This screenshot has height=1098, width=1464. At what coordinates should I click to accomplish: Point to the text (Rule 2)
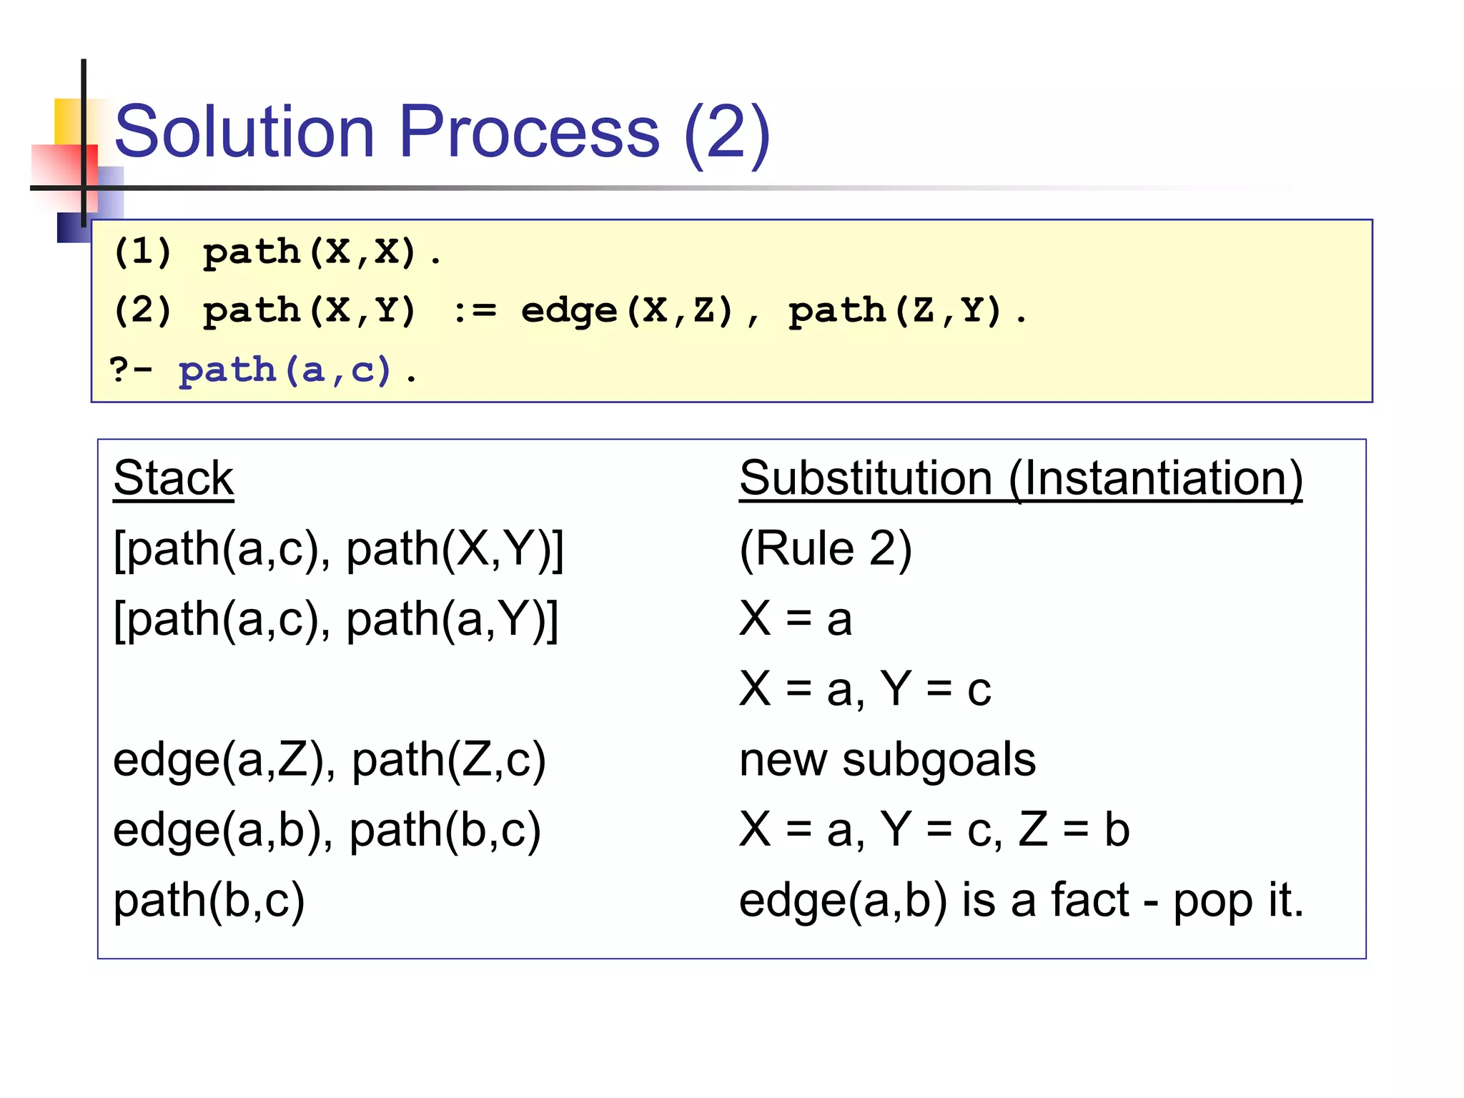click(x=826, y=549)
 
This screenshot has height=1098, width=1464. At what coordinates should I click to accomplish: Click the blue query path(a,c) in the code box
click(x=285, y=370)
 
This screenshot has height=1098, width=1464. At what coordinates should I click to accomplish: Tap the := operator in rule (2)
click(x=475, y=311)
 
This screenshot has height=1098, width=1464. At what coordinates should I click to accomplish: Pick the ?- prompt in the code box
click(x=131, y=370)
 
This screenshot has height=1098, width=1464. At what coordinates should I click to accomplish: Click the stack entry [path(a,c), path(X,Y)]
click(x=339, y=549)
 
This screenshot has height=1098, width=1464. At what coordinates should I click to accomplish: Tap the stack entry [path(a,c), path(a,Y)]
click(x=336, y=619)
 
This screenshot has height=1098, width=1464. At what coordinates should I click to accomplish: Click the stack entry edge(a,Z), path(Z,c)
click(x=330, y=759)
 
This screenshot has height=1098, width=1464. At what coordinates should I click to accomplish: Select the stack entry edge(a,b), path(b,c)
click(x=327, y=829)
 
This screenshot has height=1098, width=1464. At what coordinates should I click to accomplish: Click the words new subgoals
click(x=887, y=759)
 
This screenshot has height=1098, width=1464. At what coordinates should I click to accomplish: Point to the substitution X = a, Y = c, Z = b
click(x=934, y=829)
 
